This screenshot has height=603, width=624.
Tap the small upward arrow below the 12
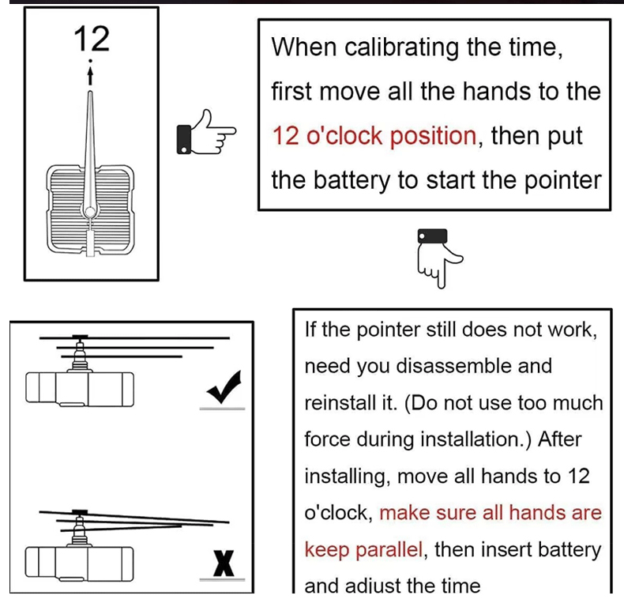(x=92, y=74)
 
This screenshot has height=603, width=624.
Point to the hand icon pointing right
(x=205, y=132)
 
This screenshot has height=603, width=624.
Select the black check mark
(x=224, y=389)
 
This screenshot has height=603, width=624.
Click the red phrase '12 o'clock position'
(x=374, y=136)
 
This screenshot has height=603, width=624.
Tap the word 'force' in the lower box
(x=325, y=439)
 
